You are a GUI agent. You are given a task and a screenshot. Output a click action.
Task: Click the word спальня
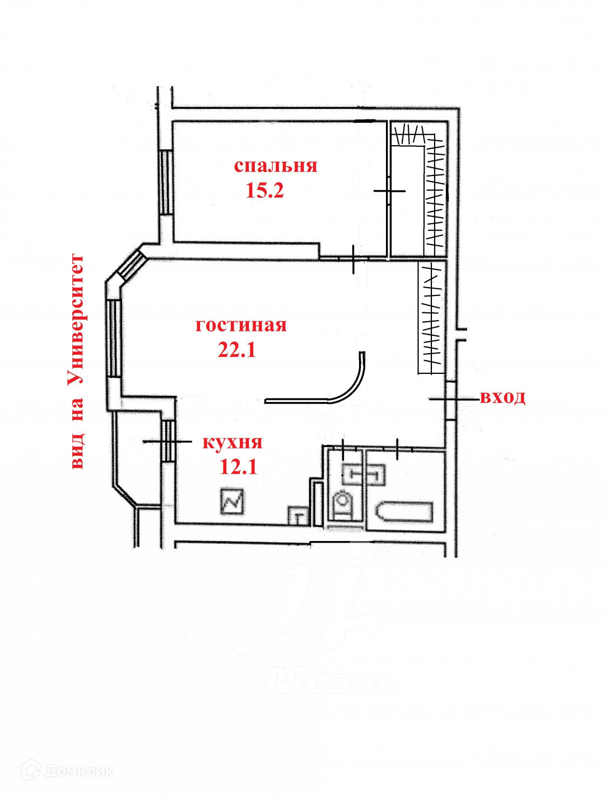point(275,166)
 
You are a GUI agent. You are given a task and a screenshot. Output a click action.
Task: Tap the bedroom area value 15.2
point(264,191)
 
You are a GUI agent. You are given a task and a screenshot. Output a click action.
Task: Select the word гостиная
point(241,325)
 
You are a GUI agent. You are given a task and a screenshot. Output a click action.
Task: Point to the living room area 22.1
point(236,350)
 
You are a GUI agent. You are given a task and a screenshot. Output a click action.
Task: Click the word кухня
point(232,442)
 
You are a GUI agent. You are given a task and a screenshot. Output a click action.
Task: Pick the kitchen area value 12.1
point(238,466)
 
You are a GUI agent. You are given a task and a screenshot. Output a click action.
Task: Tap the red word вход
point(502,397)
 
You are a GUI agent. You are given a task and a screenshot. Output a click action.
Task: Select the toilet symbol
point(342,503)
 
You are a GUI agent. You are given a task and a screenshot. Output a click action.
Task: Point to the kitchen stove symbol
point(232,501)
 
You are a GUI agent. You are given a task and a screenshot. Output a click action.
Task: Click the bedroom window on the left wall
point(166,182)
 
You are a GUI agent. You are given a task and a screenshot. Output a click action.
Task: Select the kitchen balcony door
point(167,441)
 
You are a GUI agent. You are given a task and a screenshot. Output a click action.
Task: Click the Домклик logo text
point(78,771)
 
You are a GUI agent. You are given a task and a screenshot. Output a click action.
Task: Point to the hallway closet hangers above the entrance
point(432,318)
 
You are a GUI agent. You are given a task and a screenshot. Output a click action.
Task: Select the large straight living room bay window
point(114,338)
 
